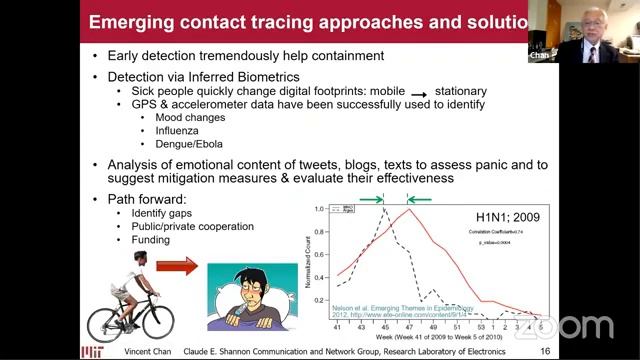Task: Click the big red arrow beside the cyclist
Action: click(x=178, y=268)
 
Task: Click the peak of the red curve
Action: click(x=407, y=209)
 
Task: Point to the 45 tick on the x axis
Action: click(x=384, y=326)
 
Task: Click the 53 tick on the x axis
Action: click(x=483, y=326)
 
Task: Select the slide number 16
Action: click(x=544, y=351)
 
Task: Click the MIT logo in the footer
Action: click(x=90, y=350)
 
